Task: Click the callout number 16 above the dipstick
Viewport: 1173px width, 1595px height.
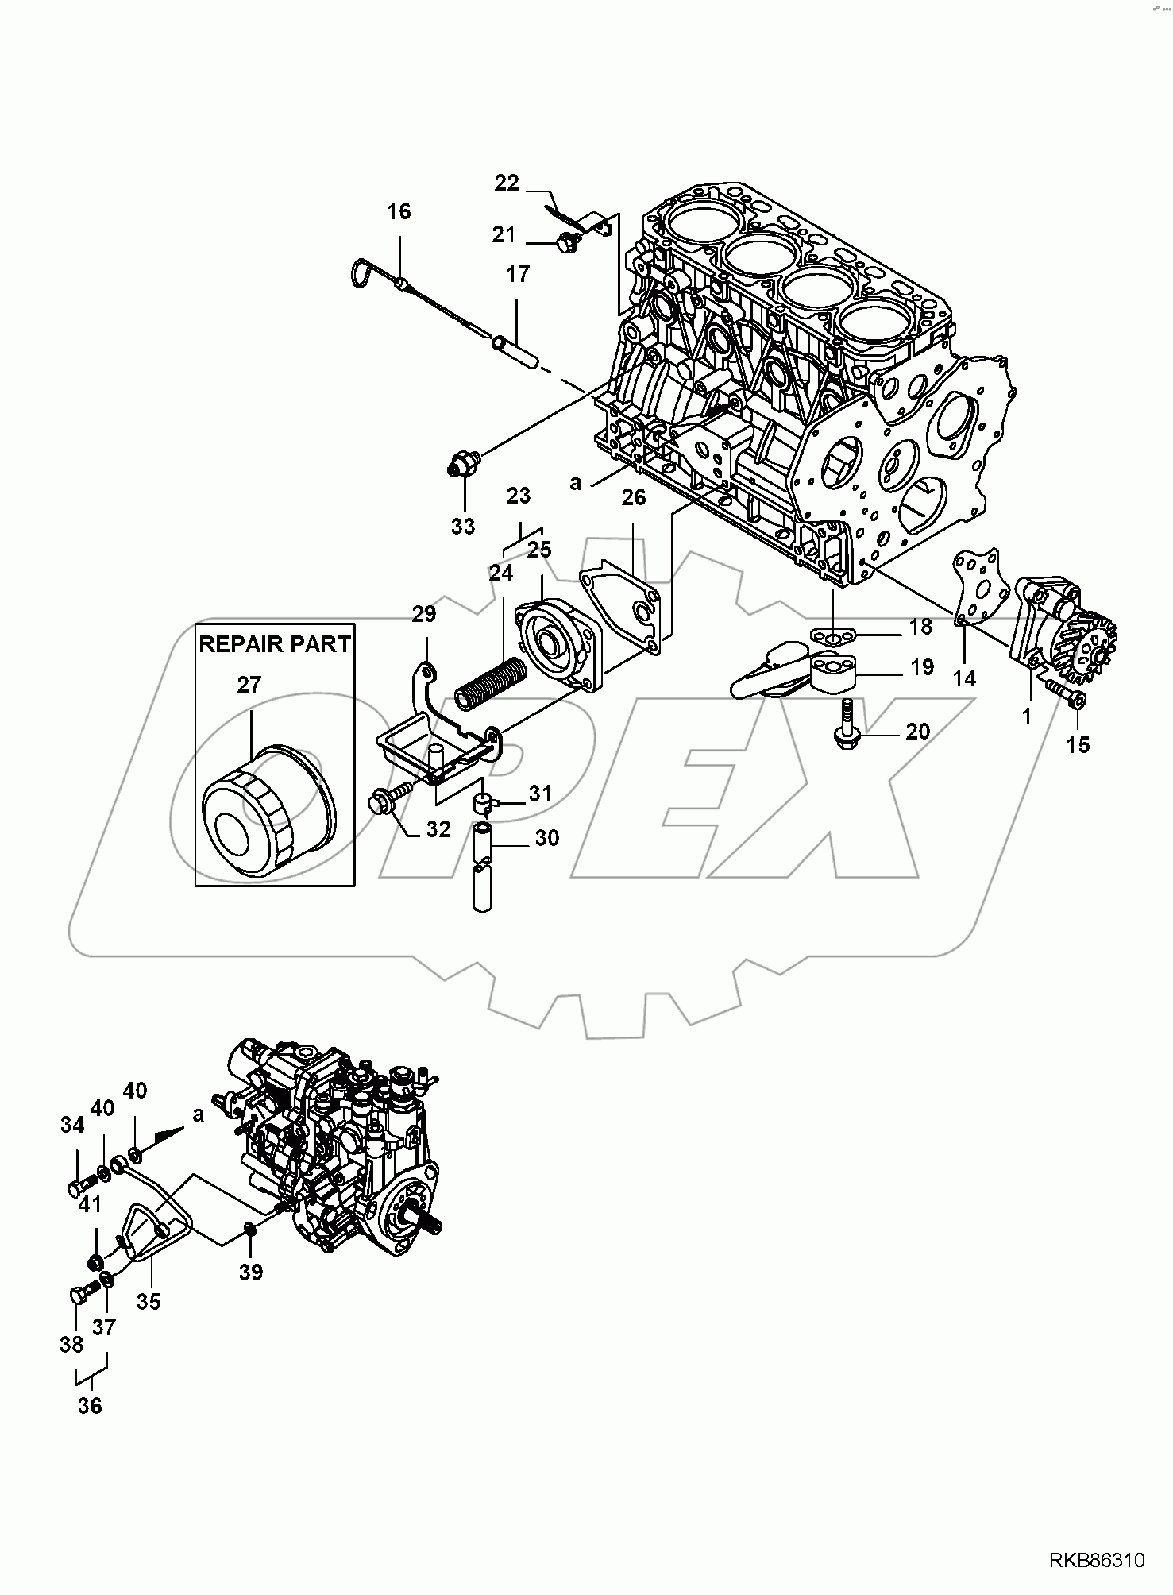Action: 399,212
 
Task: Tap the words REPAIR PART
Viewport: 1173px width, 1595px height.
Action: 274,644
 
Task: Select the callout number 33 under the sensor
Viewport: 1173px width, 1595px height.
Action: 463,526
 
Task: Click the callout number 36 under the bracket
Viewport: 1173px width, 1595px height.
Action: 91,1405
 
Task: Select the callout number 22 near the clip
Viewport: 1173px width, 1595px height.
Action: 506,183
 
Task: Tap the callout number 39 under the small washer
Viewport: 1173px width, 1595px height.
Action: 251,1273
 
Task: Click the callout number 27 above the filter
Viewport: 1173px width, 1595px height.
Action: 249,684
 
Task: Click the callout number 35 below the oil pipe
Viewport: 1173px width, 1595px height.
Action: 149,1302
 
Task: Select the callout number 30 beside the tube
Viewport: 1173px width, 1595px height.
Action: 547,837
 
